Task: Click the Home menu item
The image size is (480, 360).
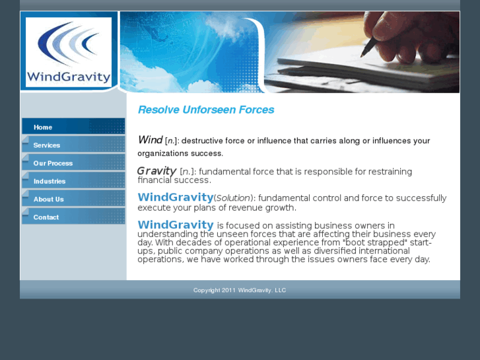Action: [x=43, y=127]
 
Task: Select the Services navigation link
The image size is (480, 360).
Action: [x=46, y=145]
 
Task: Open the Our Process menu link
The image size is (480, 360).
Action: [x=53, y=163]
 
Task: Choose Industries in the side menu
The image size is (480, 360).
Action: [x=50, y=181]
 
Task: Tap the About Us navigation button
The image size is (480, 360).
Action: [x=48, y=199]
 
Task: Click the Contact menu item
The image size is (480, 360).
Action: [x=46, y=217]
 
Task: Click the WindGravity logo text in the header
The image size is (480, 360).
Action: [x=69, y=77]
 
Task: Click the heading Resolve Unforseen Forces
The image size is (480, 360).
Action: [x=206, y=110]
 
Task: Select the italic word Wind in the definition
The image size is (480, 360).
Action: [x=150, y=140]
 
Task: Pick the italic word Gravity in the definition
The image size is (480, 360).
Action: [x=156, y=171]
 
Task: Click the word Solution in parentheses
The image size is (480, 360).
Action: [x=234, y=198]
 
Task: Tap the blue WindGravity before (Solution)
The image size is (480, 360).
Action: [x=175, y=198]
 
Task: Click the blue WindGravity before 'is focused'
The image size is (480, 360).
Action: [x=175, y=225]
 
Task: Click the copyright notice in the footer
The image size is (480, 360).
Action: [x=240, y=290]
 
